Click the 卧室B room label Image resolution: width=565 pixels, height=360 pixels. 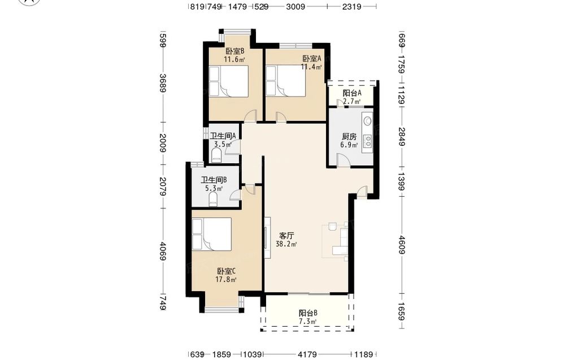coord(235,51)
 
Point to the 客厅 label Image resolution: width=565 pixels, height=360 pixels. coord(286,236)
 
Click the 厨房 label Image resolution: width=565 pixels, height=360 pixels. coord(349,137)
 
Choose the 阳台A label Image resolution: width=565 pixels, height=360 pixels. coord(352,93)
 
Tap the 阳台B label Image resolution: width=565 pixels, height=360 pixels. coord(308,313)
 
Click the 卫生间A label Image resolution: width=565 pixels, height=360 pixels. coord(223,136)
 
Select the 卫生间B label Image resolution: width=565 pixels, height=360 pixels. coord(214,180)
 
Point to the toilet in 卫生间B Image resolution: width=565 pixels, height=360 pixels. coord(213,199)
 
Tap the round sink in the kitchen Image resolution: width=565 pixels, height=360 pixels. coord(368,120)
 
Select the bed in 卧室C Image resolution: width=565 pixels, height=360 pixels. coord(211,234)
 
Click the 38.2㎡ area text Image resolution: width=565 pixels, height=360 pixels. coord(286,244)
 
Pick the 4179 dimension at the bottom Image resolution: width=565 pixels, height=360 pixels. coord(308,354)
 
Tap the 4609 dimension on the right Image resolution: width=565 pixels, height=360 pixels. coord(402,245)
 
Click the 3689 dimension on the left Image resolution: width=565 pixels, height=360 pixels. coord(163,83)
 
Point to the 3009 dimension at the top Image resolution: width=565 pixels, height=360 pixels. coord(296,6)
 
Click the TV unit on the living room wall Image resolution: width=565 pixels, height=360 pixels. coord(267,238)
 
